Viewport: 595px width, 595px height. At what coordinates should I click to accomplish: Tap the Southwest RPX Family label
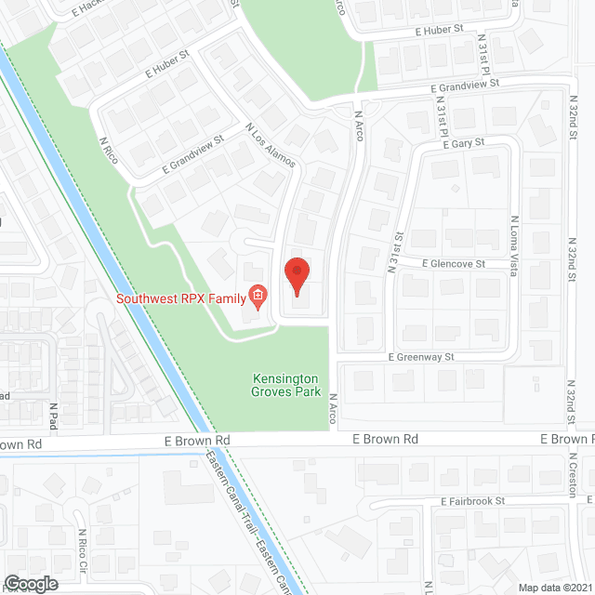tap(180, 298)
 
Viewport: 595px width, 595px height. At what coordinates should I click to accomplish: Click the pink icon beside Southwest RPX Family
tap(258, 297)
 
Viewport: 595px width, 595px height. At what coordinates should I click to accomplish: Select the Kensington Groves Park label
tap(285, 386)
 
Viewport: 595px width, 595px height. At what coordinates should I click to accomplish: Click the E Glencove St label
tap(453, 264)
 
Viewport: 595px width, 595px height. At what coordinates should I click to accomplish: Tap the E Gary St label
tap(457, 144)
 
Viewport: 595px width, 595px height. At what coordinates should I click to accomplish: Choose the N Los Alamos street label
tap(270, 145)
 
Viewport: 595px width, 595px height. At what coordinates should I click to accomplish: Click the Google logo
tap(30, 583)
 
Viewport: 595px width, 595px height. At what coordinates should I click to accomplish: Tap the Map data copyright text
tap(554, 588)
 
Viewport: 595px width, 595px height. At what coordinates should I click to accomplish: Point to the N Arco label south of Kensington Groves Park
tap(332, 411)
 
